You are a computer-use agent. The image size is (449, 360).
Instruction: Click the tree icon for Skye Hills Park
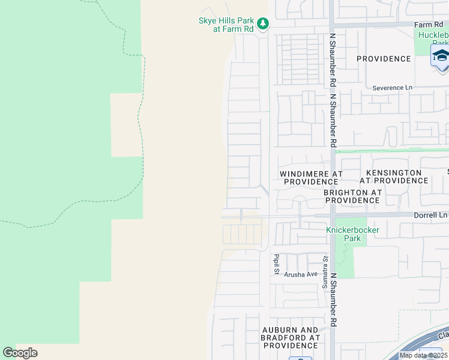coord(262,24)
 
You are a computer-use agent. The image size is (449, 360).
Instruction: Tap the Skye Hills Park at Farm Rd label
coord(226,24)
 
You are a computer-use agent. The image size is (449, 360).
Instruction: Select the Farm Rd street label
coord(428,25)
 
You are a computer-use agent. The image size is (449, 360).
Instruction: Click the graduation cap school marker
coord(440,57)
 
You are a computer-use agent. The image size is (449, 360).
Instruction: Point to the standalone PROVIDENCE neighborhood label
coord(384,59)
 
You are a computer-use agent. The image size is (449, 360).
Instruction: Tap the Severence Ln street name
coord(392,88)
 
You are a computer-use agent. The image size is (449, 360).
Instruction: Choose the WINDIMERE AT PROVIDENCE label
coord(311,178)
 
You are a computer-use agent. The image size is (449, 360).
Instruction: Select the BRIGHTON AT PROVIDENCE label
coord(352,196)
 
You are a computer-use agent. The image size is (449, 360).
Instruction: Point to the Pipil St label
coord(277,264)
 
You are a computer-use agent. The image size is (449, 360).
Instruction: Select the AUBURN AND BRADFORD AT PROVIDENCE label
coord(291,338)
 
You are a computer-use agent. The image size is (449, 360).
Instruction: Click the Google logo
coord(20,353)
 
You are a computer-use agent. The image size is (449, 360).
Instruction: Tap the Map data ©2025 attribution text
coord(423,355)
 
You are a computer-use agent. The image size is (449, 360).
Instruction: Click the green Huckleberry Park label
coord(433,38)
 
